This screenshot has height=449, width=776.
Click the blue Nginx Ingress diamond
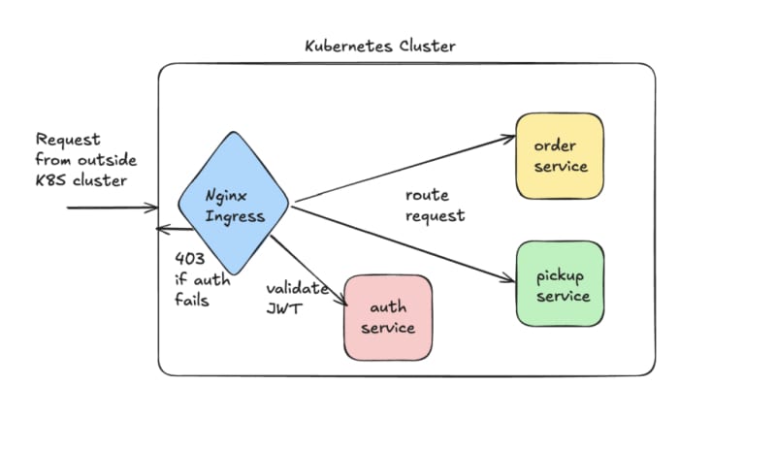click(x=234, y=205)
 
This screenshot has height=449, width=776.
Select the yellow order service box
click(x=559, y=156)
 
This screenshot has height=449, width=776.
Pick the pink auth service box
click(x=388, y=317)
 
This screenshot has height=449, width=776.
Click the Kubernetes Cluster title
click(x=379, y=46)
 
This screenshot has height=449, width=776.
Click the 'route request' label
click(x=435, y=205)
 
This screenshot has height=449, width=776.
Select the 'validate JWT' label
click(x=298, y=299)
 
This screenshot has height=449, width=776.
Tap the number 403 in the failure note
click(x=188, y=259)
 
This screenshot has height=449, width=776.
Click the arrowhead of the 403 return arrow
click(x=161, y=230)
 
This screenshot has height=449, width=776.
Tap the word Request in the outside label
click(x=68, y=140)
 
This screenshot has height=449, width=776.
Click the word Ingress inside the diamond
click(x=236, y=215)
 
